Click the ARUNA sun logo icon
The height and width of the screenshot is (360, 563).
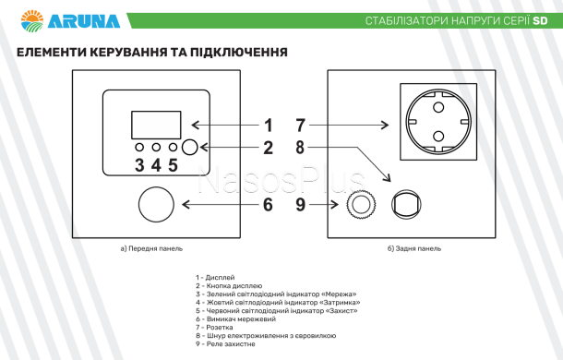[x=32, y=20]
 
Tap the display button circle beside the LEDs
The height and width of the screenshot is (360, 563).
[x=189, y=148]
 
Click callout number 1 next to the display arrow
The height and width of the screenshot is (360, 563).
[x=269, y=126]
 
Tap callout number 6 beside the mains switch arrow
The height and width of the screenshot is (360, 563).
[x=268, y=204]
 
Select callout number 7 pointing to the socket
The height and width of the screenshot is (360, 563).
[x=301, y=126]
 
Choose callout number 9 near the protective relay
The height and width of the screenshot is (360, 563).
[x=301, y=204]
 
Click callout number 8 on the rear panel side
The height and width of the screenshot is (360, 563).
[x=300, y=148]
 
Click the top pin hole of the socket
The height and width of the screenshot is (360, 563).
[x=438, y=107]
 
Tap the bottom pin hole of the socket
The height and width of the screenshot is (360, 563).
[x=438, y=137]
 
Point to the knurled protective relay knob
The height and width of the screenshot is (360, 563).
[x=361, y=204]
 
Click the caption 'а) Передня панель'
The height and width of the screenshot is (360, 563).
[x=151, y=248]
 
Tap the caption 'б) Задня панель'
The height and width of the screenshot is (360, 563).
[x=414, y=248]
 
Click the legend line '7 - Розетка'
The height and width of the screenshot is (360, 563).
[x=214, y=328]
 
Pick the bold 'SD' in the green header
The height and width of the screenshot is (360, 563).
[x=540, y=21]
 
